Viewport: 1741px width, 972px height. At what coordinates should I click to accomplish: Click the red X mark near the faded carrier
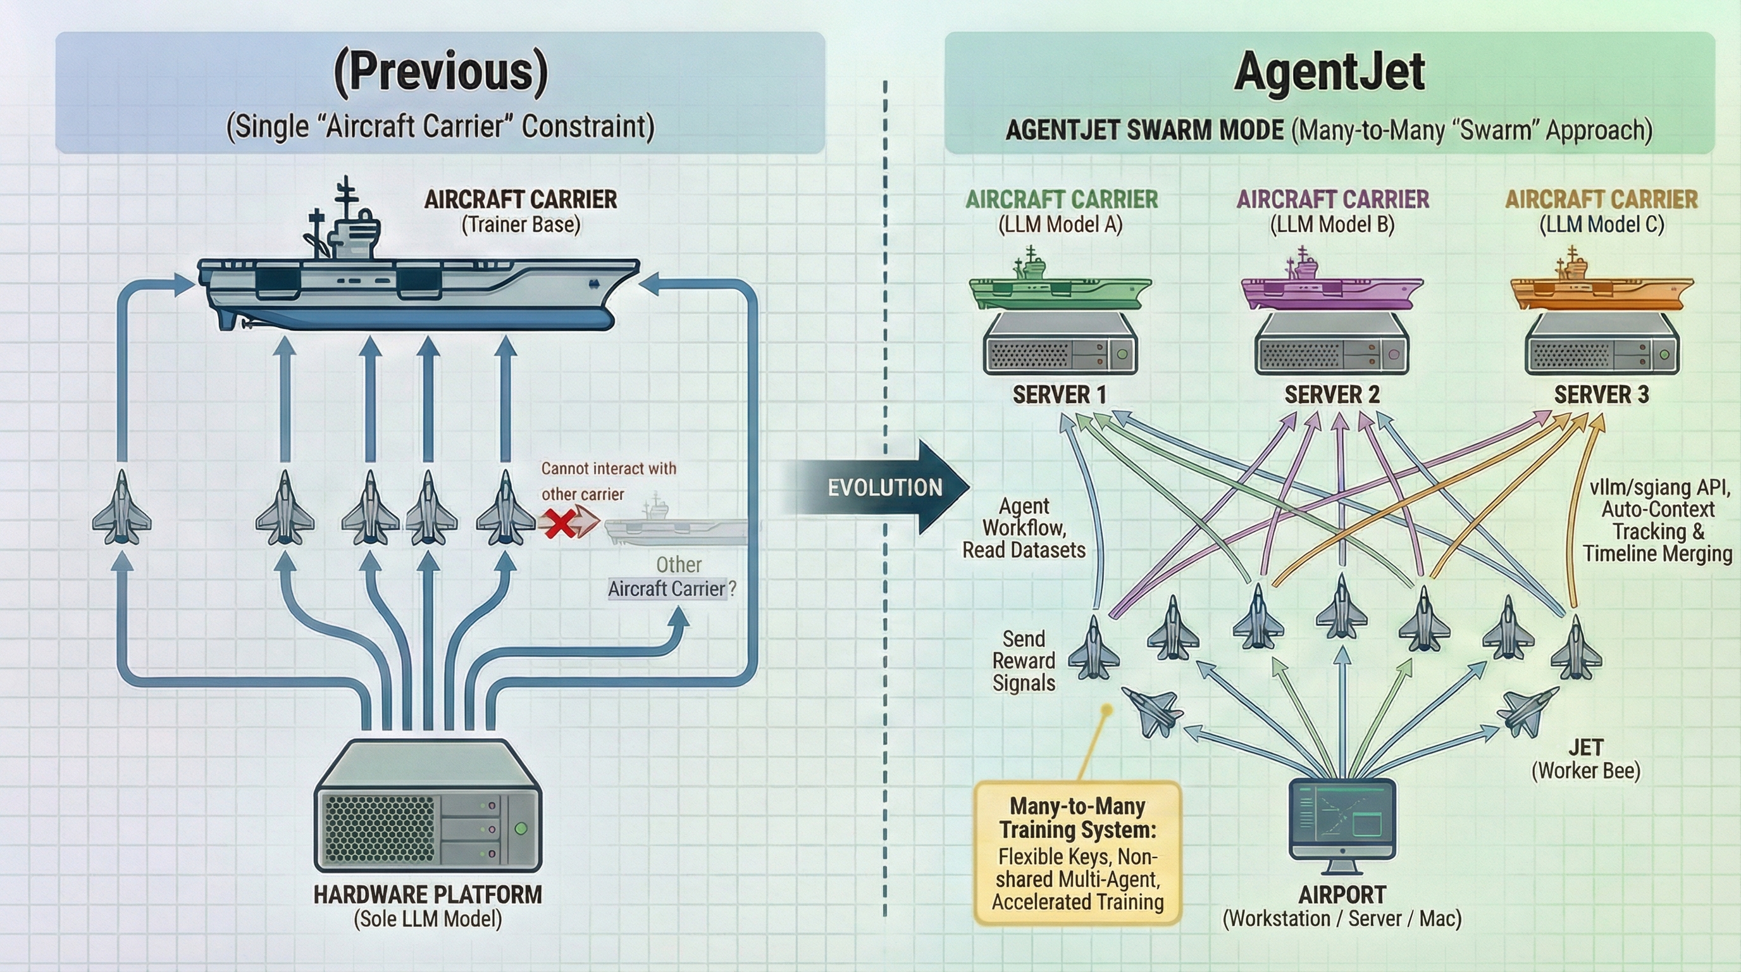click(x=559, y=523)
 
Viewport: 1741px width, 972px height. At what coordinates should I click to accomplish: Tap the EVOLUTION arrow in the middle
click(x=886, y=487)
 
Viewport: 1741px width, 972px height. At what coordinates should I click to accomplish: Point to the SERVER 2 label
click(x=1332, y=395)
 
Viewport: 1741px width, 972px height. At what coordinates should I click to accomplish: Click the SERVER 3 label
click(x=1601, y=395)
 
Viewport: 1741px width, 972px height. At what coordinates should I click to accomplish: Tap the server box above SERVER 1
click(x=1059, y=346)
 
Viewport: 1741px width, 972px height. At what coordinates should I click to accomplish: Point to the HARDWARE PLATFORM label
click(x=427, y=895)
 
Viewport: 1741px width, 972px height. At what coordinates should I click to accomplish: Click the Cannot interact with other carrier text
click(x=607, y=482)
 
